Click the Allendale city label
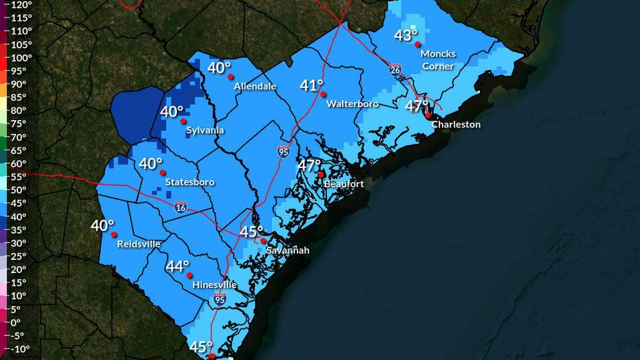(255, 86)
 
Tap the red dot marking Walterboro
(323, 94)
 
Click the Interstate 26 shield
(395, 70)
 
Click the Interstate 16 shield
(180, 207)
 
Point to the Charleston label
(456, 125)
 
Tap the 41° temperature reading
(312, 85)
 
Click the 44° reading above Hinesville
(177, 266)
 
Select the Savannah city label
(287, 250)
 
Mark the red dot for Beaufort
(321, 175)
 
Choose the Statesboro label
(190, 183)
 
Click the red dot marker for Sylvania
(183, 121)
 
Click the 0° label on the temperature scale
(15, 322)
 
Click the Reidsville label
(139, 244)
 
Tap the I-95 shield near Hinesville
(220, 300)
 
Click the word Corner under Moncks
(438, 66)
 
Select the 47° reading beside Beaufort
(309, 166)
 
